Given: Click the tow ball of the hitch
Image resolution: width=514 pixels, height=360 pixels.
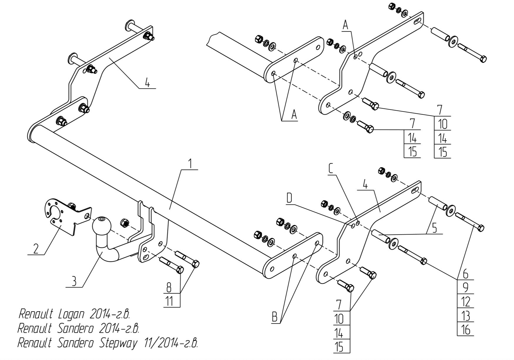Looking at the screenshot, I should [102, 226].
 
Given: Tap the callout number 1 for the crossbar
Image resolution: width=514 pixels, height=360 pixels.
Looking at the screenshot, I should [190, 163].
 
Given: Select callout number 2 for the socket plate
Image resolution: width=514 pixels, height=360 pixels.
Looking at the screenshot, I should [36, 249].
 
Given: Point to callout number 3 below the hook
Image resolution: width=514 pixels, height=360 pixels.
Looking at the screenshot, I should [74, 281].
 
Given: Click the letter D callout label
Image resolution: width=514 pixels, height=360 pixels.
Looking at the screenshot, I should [289, 198].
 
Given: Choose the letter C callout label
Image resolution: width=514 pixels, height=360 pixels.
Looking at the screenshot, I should [331, 169].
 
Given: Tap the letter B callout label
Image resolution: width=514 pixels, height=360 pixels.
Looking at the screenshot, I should [275, 317].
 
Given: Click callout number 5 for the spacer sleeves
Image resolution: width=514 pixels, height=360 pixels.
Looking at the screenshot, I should [434, 228].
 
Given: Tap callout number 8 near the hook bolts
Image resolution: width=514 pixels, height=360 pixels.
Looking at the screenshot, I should [169, 287].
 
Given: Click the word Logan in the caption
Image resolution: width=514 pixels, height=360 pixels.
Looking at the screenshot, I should [72, 314].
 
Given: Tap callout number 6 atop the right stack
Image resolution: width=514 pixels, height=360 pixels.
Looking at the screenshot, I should [465, 274].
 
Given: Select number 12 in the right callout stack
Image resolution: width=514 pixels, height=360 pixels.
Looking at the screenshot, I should [466, 302].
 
